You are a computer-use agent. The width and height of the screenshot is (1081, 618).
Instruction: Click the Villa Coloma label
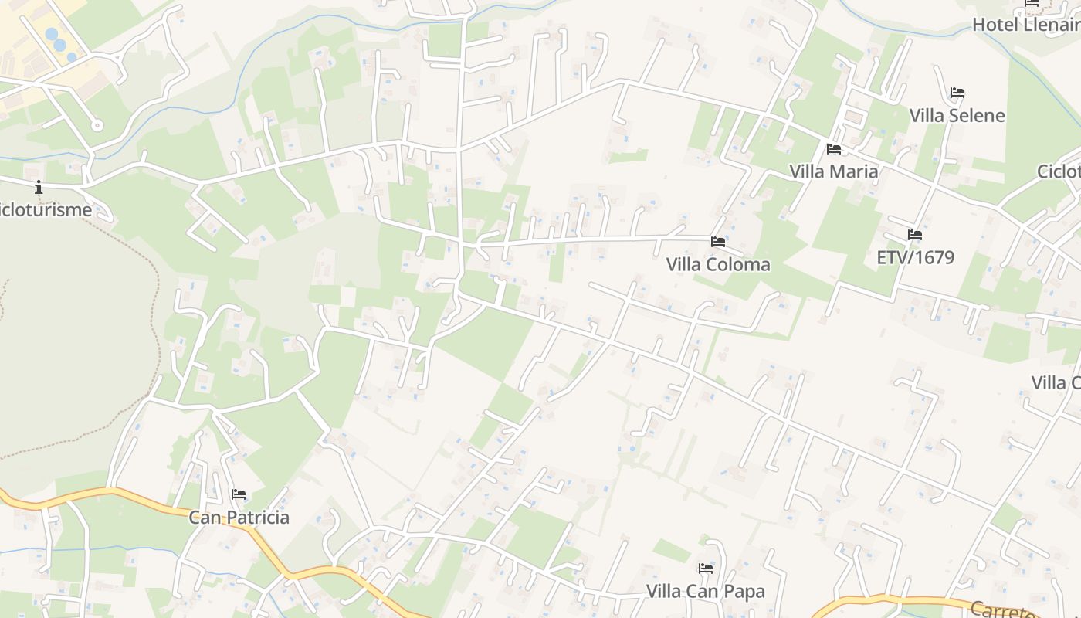718,264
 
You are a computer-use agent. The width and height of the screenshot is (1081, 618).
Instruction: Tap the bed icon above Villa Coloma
718,242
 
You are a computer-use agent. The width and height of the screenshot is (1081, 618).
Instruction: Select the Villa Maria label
834,171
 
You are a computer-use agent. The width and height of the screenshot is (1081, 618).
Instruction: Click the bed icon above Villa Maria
834,149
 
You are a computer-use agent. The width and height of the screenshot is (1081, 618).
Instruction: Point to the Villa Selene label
957,116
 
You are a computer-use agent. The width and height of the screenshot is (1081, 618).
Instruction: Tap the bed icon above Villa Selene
957,93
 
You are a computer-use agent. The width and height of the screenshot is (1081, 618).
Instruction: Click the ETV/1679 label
916,257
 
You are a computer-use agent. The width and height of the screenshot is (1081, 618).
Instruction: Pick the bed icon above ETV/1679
915,235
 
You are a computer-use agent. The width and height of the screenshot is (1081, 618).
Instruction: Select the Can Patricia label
239,518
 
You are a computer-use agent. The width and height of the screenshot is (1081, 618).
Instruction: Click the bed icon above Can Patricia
239,494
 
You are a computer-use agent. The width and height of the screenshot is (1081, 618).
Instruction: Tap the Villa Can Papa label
706,592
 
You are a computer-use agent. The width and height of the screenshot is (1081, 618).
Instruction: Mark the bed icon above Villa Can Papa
706,569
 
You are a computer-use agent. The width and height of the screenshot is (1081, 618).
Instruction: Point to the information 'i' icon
39,187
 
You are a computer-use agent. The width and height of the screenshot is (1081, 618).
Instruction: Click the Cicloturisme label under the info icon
46,210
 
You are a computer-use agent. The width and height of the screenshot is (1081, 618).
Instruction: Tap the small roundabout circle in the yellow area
97,125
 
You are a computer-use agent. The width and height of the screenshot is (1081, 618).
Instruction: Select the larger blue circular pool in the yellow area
52,35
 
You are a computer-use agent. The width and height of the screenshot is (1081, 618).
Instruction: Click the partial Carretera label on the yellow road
1004,610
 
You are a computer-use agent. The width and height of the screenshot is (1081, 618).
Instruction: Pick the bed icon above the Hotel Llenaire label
1032,3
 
